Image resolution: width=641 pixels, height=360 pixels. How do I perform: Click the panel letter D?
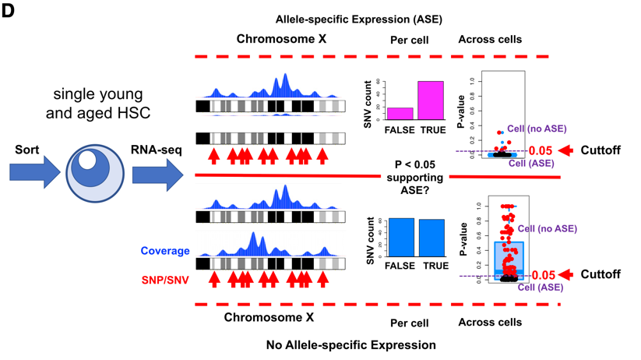(x=9, y=12)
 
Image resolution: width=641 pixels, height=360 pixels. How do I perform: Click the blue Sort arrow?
(x=35, y=171)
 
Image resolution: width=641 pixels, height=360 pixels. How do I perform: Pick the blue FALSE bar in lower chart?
(x=401, y=237)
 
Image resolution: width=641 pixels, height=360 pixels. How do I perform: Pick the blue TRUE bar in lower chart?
(x=431, y=238)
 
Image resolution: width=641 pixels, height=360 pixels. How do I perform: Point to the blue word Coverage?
(x=165, y=251)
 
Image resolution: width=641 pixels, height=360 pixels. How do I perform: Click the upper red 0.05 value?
(x=541, y=150)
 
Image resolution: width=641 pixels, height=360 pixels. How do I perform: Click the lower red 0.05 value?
(x=544, y=275)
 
